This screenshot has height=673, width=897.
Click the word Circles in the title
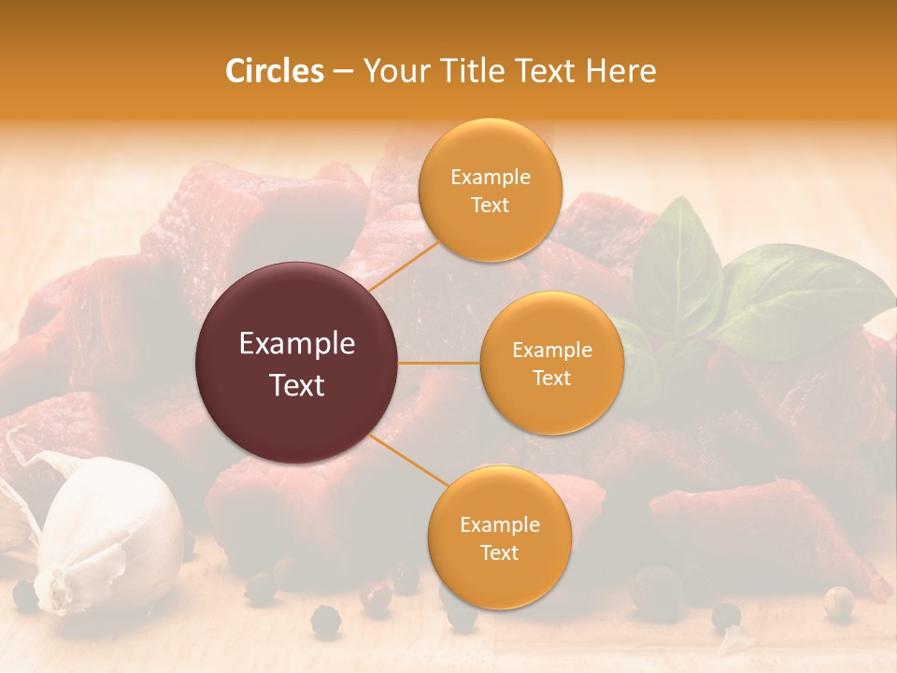coord(274,71)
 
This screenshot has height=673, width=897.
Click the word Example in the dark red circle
coord(297,344)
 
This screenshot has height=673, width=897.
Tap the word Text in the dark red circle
coord(297,385)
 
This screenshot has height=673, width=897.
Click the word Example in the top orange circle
coord(491,178)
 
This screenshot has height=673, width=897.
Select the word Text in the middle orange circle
coord(552,378)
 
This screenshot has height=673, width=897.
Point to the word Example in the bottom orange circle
coord(500,525)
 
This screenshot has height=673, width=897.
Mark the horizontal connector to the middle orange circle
coord(439,363)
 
